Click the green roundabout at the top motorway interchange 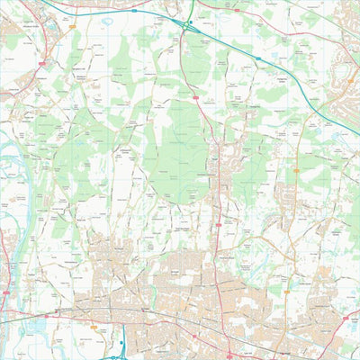[188, 23]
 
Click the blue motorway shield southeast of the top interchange [257, 58]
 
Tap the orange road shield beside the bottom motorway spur [94, 327]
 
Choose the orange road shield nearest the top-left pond [40, 65]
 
